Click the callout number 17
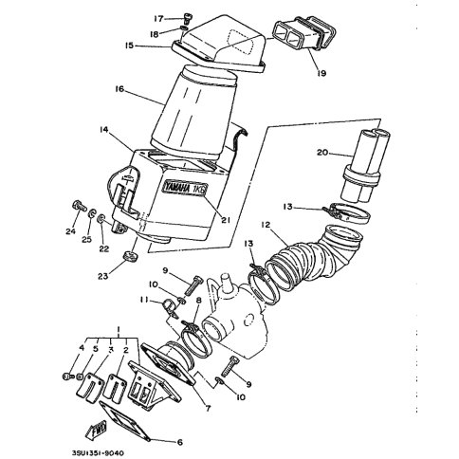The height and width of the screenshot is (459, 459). coord(158,19)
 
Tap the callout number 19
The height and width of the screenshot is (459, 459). coord(321,73)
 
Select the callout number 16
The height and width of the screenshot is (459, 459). coord(119,89)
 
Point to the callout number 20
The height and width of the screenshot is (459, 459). coord(322,153)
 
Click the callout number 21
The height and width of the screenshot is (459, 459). coord(225,220)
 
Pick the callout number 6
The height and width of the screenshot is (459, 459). coord(180,442)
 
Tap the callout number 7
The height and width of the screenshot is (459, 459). coord(208,408)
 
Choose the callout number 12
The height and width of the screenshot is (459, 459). coord(266,225)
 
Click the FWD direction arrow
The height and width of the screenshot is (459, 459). coord(97,431)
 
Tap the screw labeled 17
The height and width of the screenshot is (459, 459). coord(186,19)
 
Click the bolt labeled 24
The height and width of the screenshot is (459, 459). coord(79,206)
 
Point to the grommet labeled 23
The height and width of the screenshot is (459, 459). coord(130,256)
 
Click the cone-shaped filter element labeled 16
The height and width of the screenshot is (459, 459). coord(194,112)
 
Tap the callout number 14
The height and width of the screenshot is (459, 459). coord(104,130)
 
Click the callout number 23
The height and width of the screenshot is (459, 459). coord(103,276)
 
